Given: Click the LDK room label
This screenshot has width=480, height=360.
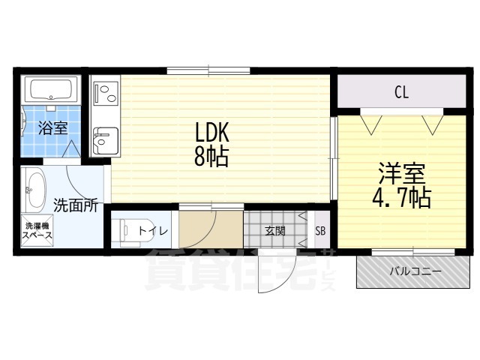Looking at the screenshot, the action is click(x=212, y=132).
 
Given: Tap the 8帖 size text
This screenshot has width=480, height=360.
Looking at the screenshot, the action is click(x=211, y=156).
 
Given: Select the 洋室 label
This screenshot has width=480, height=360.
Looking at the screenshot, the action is click(x=402, y=173).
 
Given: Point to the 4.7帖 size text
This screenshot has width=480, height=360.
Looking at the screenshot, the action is click(x=402, y=197).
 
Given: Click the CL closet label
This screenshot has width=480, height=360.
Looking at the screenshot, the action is click(x=402, y=91).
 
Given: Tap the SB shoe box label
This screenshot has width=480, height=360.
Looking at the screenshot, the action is click(x=320, y=231).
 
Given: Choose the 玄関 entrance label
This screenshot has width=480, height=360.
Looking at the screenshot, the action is click(x=275, y=231).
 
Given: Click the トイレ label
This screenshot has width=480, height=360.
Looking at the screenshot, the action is click(x=153, y=231).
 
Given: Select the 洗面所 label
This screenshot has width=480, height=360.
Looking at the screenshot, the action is click(x=76, y=205).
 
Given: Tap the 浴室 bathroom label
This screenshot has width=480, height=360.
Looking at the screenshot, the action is click(x=53, y=128).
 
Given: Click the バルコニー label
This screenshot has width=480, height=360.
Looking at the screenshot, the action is click(x=415, y=271).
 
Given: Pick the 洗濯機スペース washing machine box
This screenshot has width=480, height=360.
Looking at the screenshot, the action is click(x=37, y=230).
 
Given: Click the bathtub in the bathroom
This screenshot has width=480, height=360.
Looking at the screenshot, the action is click(x=51, y=89).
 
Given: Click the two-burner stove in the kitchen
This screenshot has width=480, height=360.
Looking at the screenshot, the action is click(x=106, y=92).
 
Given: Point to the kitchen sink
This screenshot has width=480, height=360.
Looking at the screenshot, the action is click(x=106, y=141).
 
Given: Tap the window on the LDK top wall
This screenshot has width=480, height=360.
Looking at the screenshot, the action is click(x=208, y=70).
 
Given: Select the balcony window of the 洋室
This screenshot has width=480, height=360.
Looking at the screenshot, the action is click(x=413, y=252).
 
